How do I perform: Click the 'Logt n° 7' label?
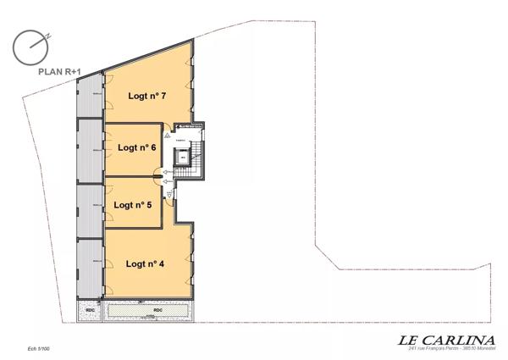point(146,96)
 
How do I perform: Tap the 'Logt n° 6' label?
point(138,147)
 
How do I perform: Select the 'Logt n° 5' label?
point(132,205)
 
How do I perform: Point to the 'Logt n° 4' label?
point(145,263)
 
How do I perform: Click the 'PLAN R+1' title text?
point(58,72)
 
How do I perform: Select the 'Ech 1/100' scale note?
point(38,347)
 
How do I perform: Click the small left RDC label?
point(90,311)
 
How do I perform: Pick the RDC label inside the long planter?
point(157,310)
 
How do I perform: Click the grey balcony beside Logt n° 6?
point(89,150)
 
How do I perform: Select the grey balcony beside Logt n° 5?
point(89,206)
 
